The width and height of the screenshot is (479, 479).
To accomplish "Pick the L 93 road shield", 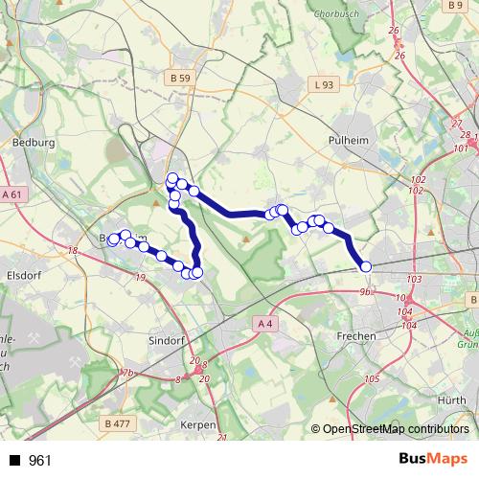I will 325,85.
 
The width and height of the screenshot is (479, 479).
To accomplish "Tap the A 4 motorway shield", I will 265,325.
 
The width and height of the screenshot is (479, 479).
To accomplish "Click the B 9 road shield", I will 455,6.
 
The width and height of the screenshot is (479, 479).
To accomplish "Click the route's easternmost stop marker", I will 365,267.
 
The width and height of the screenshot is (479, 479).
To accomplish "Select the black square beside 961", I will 14,461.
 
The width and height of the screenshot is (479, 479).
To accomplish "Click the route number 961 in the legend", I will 40,461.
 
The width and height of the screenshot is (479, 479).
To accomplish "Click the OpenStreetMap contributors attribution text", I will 396,429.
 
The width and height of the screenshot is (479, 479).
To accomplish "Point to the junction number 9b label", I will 364,289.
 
